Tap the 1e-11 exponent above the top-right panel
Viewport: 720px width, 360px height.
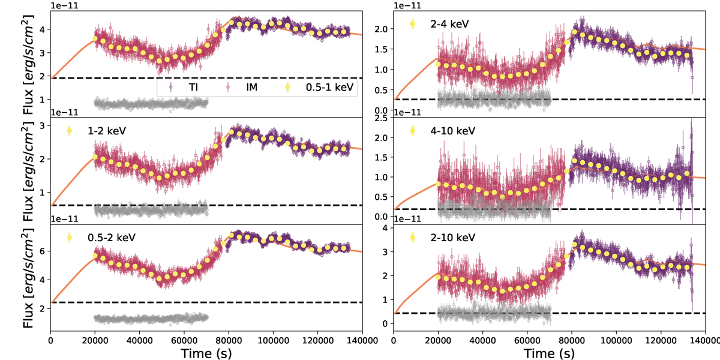[406, 6]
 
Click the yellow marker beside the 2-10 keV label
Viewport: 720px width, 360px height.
[413, 237]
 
